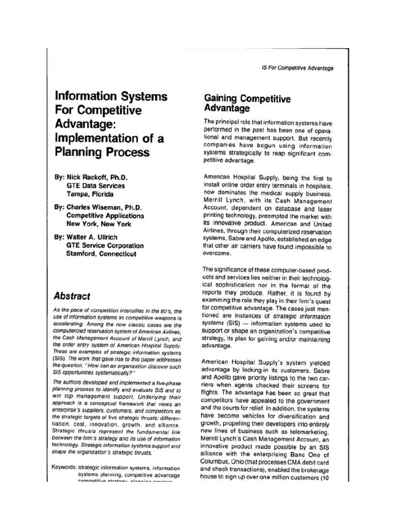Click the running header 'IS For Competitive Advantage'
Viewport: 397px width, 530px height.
(x=298, y=68)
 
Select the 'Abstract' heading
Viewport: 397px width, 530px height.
(x=72, y=296)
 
